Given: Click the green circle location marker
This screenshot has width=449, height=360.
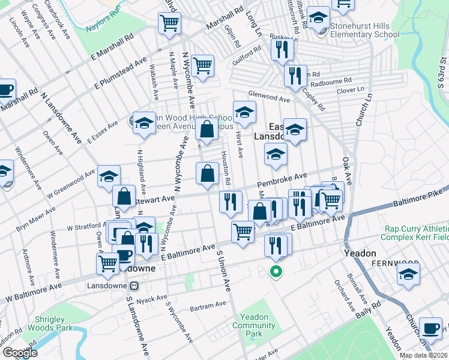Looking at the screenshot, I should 276,271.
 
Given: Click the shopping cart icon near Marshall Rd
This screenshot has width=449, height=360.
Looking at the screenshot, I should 169,23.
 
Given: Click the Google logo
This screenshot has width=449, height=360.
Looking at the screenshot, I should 19,353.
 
